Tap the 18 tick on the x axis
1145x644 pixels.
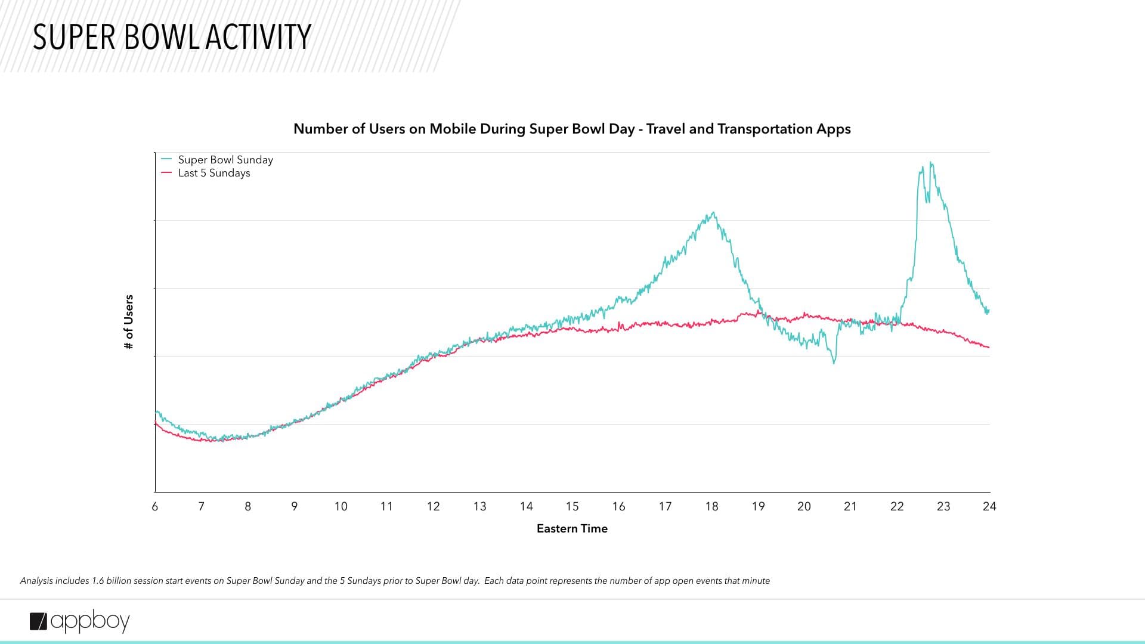(711, 506)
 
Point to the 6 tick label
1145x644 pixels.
(155, 506)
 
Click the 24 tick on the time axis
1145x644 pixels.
(989, 506)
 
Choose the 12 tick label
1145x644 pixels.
(433, 506)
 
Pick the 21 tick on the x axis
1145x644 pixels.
(850, 506)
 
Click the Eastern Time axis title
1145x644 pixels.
(572, 528)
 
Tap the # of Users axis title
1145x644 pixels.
(129, 322)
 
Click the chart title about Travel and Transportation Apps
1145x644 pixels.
(572, 129)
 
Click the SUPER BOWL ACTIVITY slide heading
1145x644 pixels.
(172, 37)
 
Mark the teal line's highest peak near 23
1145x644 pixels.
(930, 163)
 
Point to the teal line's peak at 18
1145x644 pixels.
(713, 212)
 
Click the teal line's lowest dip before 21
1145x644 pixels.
(834, 363)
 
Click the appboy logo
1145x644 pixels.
(79, 621)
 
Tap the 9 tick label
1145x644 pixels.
(294, 506)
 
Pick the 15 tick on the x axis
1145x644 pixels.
(572, 506)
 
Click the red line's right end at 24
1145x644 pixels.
(989, 347)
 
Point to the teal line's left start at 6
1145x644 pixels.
(156, 411)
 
